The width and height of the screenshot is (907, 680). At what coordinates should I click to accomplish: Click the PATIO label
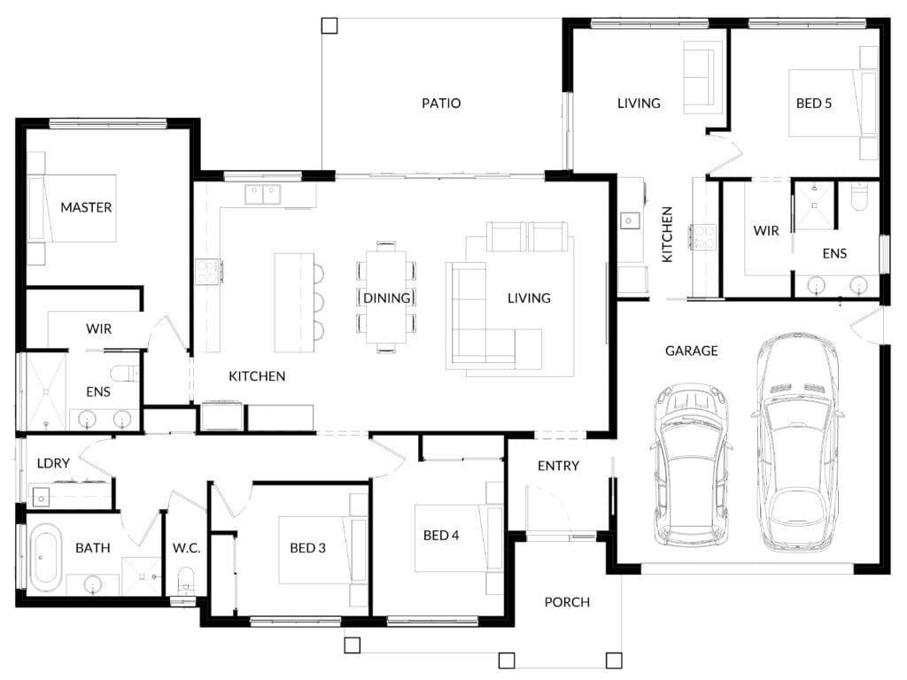pos(441,104)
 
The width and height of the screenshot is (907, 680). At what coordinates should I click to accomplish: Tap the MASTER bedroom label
pos(86,207)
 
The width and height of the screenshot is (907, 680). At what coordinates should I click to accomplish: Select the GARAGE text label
pos(691,351)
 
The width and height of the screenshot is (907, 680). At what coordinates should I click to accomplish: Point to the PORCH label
pos(567,602)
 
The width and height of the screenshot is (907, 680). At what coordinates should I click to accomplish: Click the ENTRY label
pos(558,466)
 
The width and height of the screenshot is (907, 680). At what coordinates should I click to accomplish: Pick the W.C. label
pos(186,548)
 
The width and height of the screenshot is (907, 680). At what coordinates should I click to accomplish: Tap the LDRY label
pos(53,463)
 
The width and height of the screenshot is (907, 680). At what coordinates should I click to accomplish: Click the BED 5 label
pos(813,104)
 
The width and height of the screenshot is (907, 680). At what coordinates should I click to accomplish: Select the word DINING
pos(386,298)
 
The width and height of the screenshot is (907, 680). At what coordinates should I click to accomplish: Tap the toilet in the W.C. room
pos(186,580)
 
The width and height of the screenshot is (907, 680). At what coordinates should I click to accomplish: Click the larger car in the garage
pos(796,443)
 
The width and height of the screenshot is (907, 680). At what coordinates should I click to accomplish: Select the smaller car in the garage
pos(691,464)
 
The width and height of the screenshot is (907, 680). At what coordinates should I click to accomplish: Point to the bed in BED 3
pos(322,550)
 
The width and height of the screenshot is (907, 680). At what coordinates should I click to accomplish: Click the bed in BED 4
pos(459,538)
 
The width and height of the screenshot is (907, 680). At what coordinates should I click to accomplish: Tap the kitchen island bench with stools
pos(294,303)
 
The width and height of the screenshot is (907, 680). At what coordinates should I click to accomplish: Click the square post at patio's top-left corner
pos(329,26)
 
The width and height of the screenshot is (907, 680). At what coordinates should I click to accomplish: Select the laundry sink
pos(42,497)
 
